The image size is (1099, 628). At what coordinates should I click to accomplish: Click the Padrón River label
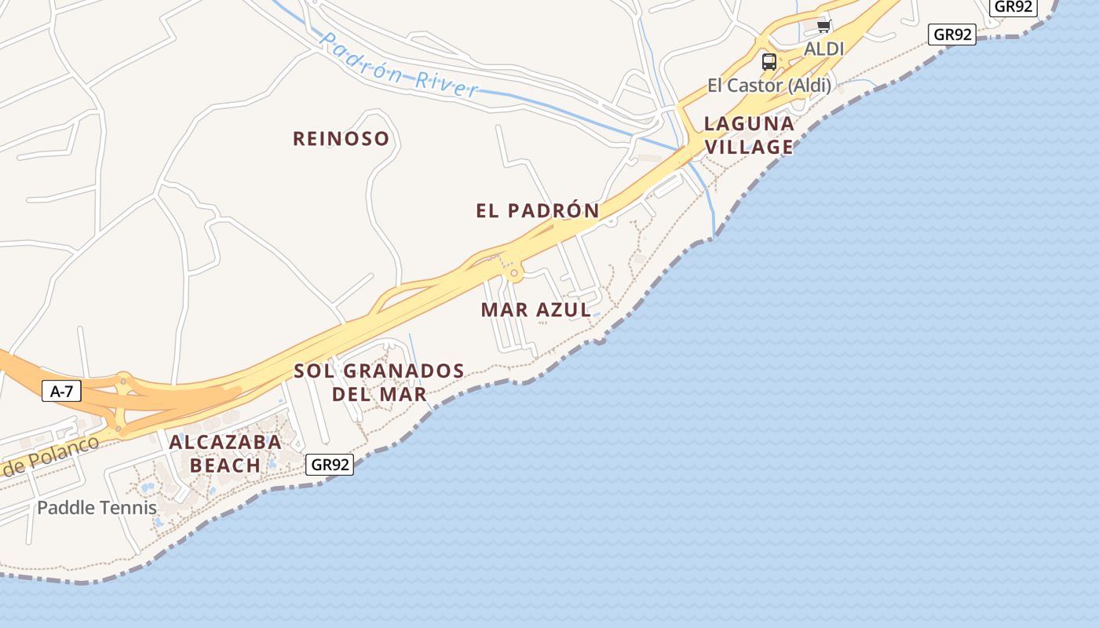(x=399, y=66)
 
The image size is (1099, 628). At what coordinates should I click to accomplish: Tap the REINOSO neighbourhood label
(x=341, y=139)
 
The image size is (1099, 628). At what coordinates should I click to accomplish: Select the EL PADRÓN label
(x=538, y=210)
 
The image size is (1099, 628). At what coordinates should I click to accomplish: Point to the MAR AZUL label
(x=535, y=310)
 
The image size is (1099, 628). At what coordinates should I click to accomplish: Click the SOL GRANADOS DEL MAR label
(x=379, y=382)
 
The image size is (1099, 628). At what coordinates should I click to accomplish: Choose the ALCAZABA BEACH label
(x=225, y=454)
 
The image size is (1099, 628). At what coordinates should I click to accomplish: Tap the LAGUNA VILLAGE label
(x=749, y=135)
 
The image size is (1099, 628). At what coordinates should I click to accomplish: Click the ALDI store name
(x=823, y=49)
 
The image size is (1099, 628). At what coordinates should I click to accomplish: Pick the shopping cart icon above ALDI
(x=823, y=27)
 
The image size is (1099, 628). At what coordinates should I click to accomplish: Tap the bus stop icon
(x=769, y=61)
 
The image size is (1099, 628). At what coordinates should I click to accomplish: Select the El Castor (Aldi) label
(x=769, y=85)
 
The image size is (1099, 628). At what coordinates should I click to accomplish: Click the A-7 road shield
(x=61, y=391)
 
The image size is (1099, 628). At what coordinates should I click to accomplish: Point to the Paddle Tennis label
(x=97, y=508)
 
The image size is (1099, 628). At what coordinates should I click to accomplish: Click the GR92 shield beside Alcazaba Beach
(x=330, y=465)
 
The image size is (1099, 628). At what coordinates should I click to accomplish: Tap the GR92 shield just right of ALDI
(x=952, y=35)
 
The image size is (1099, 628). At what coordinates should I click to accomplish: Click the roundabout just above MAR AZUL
(x=515, y=274)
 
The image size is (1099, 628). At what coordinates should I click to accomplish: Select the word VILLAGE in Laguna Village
(x=749, y=147)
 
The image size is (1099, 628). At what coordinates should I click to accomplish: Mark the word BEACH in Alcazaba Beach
(x=225, y=466)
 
